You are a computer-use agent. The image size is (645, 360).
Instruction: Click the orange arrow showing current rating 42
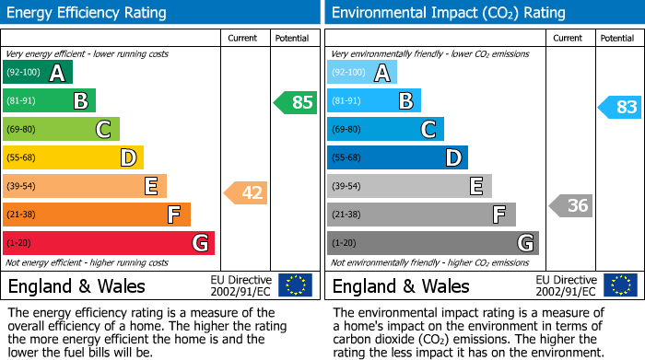coord(245,193)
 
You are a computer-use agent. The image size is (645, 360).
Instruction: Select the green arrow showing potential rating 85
coord(295,102)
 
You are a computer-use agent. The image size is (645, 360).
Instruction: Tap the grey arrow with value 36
coord(570,205)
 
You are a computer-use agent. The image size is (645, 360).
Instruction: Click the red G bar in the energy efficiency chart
coord(109,243)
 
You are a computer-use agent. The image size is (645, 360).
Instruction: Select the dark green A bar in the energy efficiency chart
coord(37,73)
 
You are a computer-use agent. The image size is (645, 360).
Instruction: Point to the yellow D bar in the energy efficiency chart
coord(73,158)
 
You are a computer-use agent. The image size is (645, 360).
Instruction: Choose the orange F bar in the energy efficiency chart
coord(97,215)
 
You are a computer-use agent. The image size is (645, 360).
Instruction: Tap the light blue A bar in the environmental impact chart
coord(362,73)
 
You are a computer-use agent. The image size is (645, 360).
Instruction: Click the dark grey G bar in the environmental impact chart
coord(432,243)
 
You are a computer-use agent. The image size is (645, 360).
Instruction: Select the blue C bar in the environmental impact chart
coord(385,130)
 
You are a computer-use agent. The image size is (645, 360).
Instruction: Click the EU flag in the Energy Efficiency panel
coord(295,285)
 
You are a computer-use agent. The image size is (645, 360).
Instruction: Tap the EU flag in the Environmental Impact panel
coord(619,285)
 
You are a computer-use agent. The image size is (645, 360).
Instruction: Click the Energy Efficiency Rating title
coord(88,13)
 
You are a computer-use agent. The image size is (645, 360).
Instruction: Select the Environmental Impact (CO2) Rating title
coord(448,13)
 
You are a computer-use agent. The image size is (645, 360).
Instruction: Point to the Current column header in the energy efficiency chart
coord(243,39)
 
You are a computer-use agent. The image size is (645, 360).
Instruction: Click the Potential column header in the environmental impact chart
coord(617,39)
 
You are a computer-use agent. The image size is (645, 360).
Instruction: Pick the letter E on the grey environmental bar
coord(475,187)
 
